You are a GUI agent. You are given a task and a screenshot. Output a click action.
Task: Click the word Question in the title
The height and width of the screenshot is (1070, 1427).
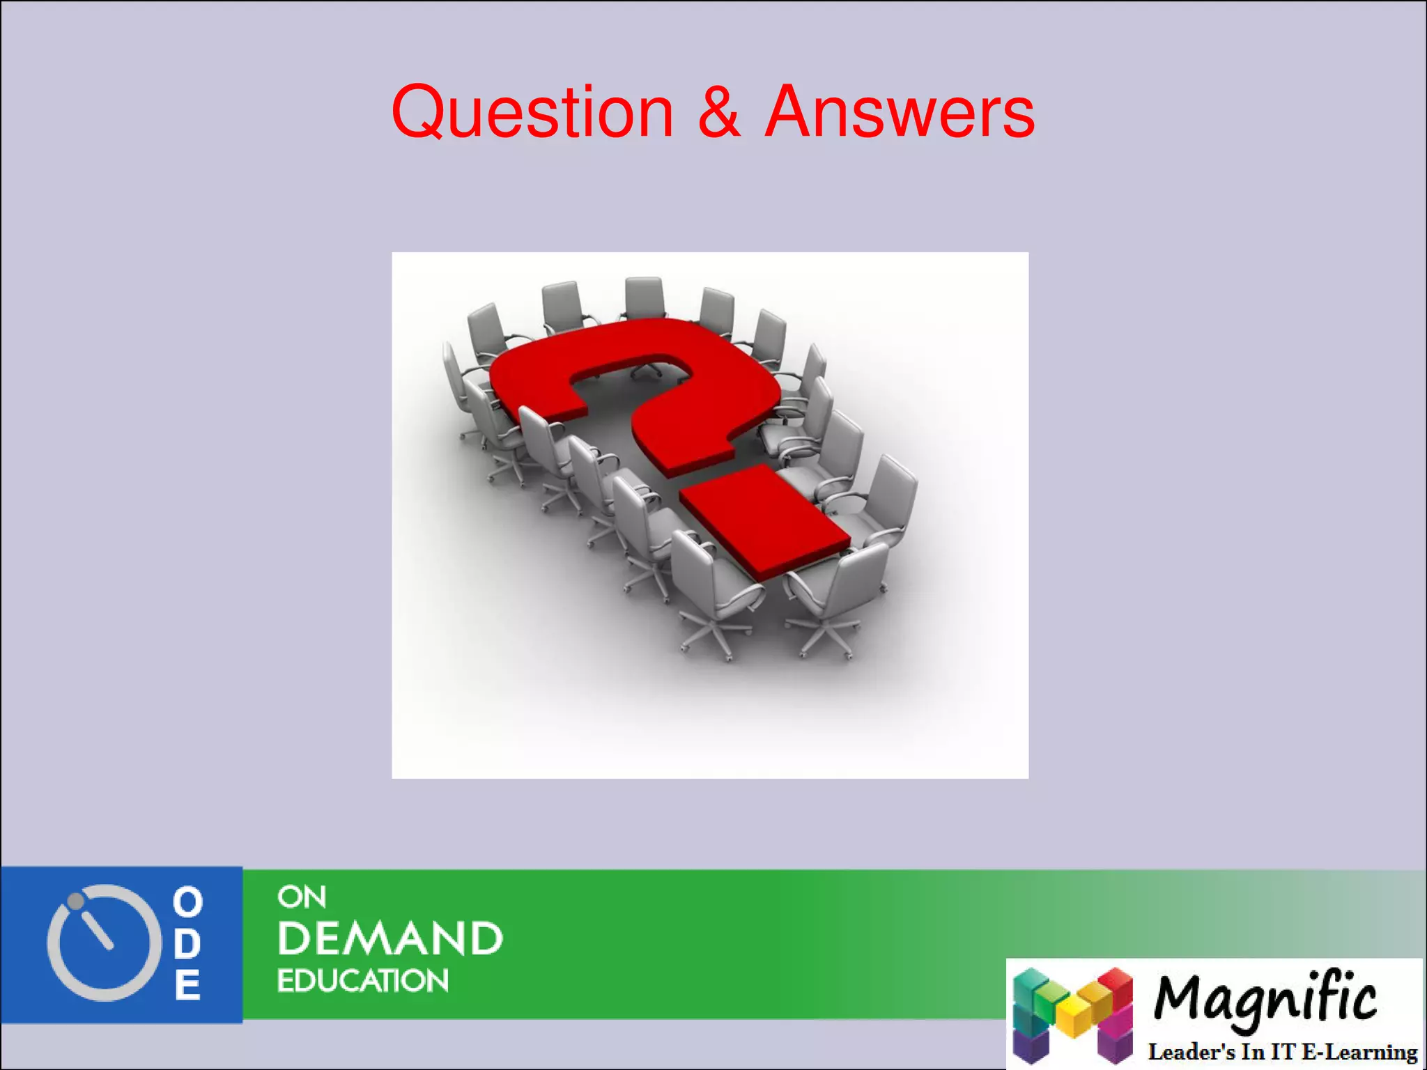532,111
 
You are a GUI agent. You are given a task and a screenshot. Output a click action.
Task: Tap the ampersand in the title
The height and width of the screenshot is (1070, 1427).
718,111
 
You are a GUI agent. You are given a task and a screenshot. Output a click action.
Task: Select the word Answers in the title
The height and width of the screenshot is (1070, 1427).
900,111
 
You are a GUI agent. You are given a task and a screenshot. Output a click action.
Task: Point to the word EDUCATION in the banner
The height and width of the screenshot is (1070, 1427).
363,981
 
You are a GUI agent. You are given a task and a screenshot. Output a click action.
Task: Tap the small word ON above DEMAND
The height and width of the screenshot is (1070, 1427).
301,897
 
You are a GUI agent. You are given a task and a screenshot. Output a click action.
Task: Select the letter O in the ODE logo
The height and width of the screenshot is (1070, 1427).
187,902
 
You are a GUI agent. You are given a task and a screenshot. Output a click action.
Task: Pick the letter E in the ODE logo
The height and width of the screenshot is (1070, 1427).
187,985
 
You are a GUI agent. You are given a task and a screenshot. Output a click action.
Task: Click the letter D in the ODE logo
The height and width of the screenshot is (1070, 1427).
187,943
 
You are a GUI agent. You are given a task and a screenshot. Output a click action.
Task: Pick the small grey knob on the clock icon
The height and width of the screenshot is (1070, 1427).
75,901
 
